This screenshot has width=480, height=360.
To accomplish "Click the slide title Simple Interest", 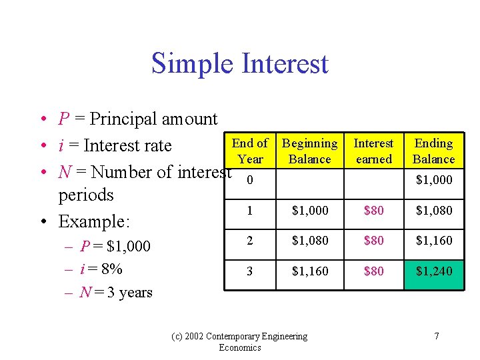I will tap(240, 63).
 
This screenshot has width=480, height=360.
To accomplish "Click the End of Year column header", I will tap(250, 151).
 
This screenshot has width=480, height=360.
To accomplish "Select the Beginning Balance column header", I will tap(310, 151).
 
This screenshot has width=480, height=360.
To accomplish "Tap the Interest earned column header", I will tap(373, 151).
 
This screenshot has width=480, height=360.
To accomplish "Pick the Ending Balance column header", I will tap(433, 151).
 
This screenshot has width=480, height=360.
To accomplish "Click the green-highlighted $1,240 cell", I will tap(433, 271).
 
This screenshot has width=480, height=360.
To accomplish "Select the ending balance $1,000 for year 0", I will tap(433, 180).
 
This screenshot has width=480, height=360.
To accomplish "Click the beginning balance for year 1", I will tap(310, 211).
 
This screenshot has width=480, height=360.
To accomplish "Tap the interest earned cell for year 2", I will tap(373, 241).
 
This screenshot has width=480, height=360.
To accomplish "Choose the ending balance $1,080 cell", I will tap(433, 211).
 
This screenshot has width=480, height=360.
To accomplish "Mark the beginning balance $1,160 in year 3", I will tap(310, 271).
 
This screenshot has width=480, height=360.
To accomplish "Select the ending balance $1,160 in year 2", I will tap(433, 241).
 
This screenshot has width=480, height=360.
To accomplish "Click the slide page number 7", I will tap(436, 336).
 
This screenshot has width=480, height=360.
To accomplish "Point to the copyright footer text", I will tap(257, 341).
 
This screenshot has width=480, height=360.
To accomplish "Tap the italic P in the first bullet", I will tap(64, 119).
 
